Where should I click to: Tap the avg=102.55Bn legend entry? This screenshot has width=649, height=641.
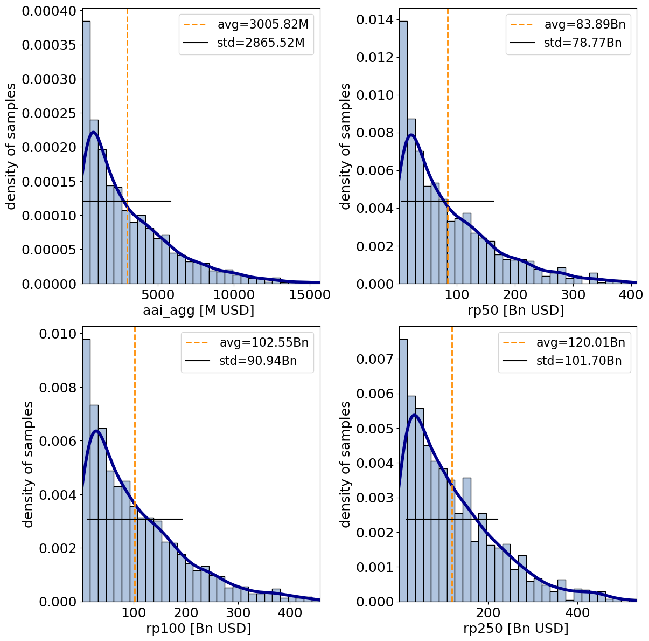(263, 342)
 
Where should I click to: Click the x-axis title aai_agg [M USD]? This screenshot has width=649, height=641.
(198, 311)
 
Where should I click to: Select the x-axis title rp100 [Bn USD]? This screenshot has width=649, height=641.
(199, 628)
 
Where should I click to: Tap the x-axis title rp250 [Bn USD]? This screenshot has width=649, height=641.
(516, 628)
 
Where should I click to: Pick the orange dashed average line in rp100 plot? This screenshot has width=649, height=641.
(135, 431)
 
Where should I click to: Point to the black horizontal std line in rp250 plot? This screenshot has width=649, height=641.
(452, 519)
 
